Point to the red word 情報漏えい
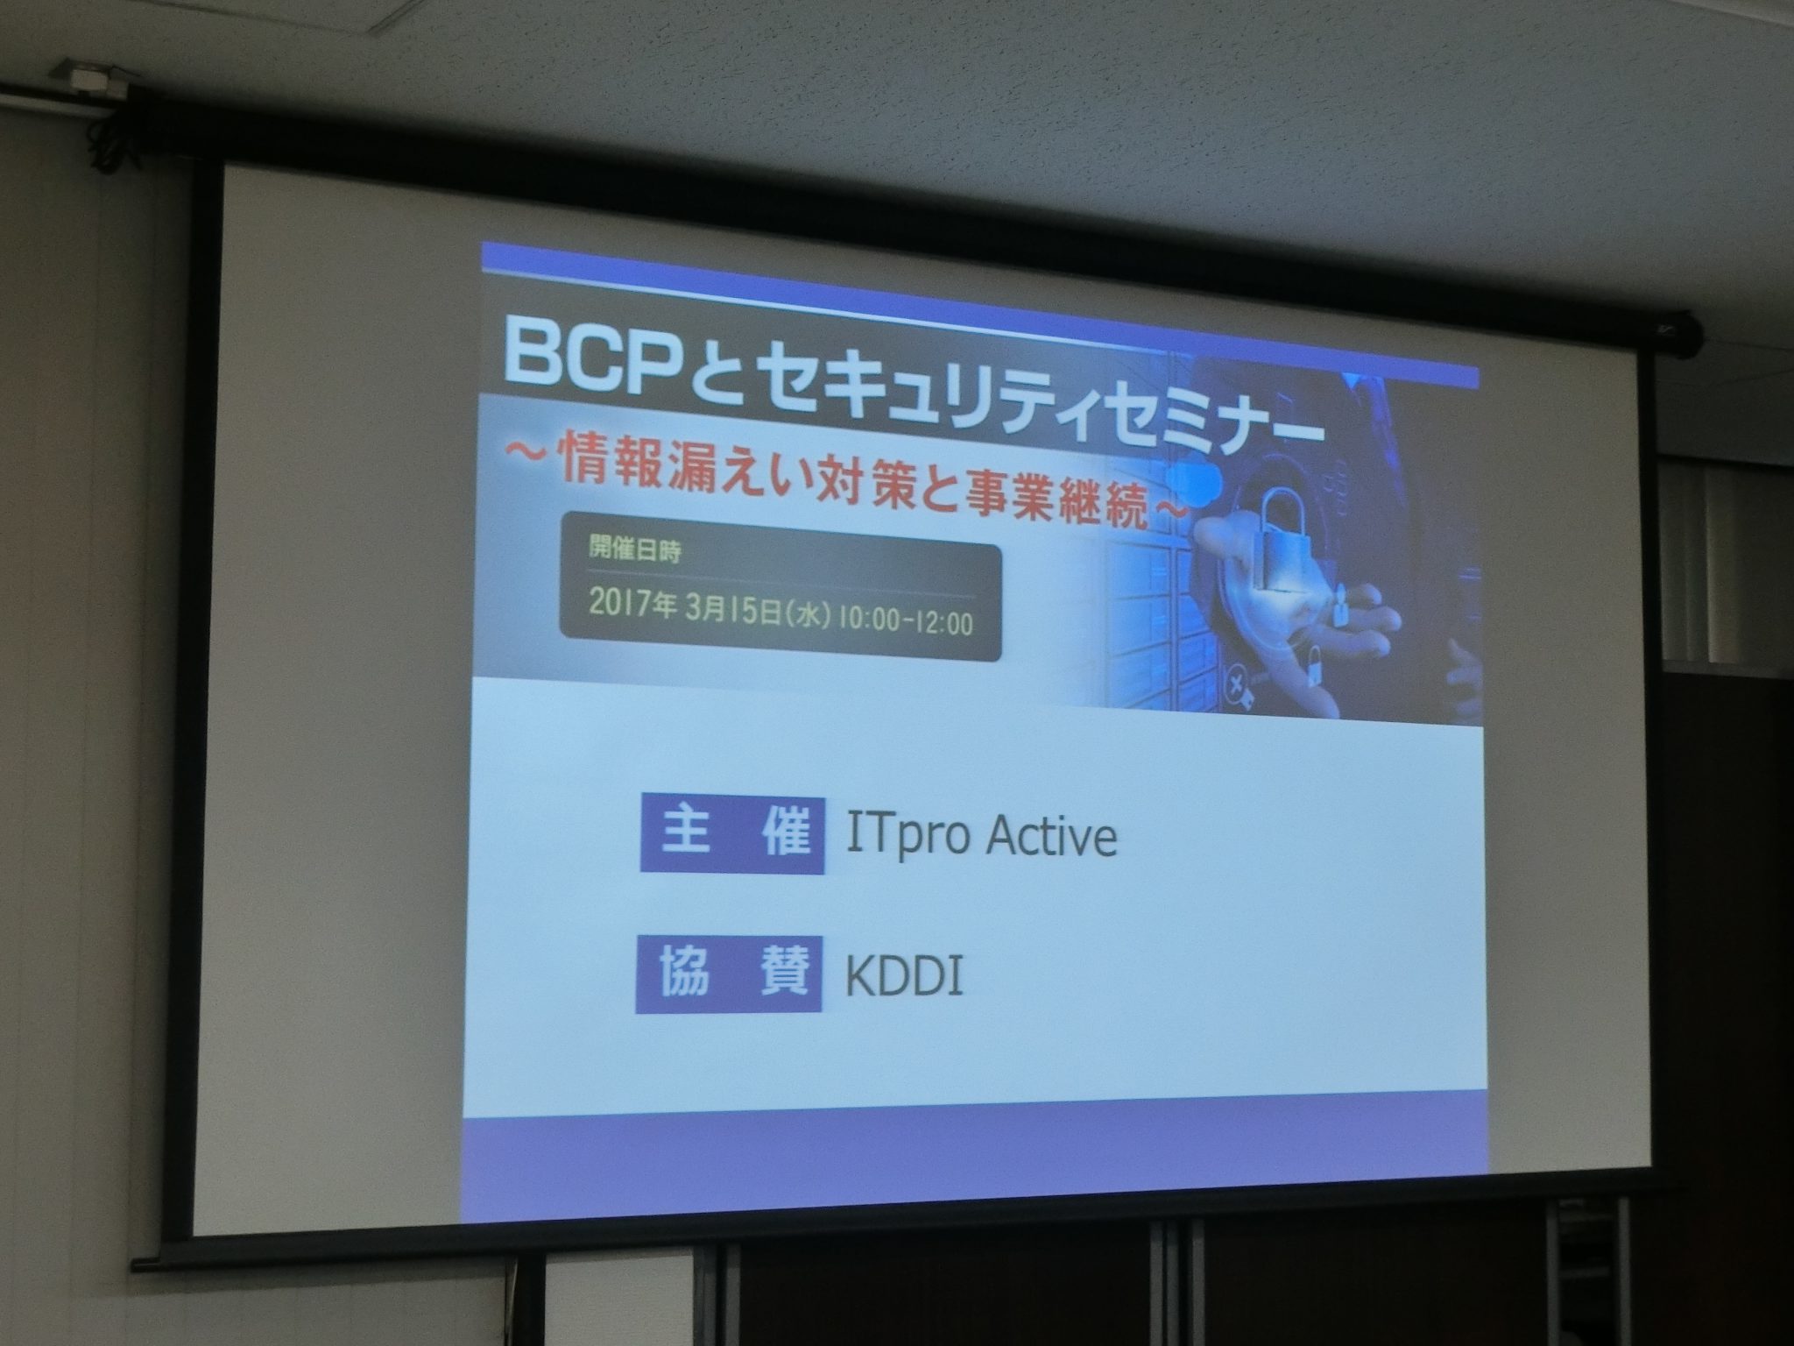666,472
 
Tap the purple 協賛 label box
729,974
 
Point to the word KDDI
904,974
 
